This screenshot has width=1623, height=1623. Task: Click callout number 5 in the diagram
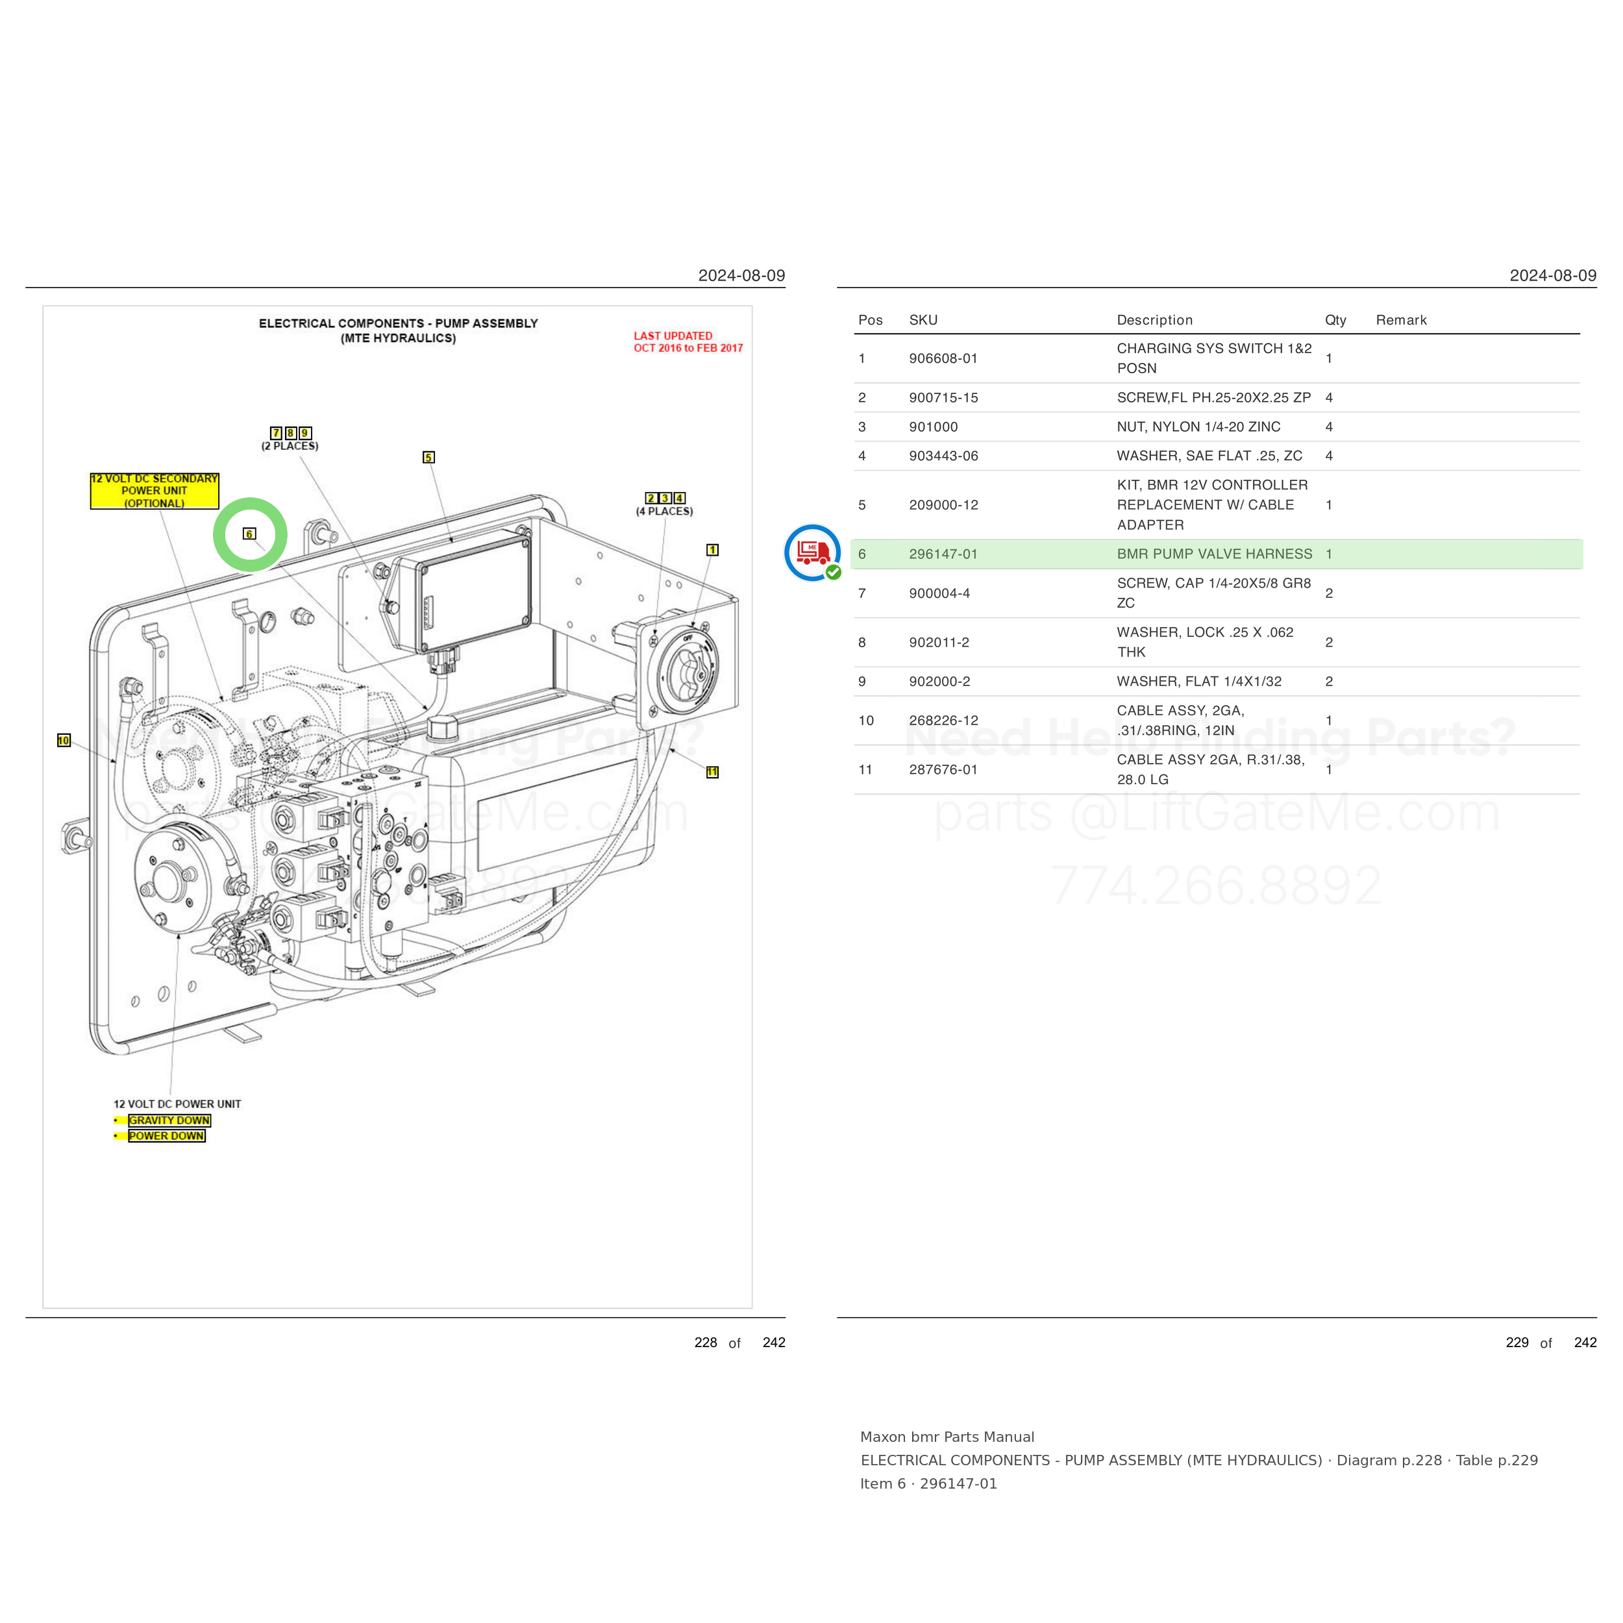[428, 457]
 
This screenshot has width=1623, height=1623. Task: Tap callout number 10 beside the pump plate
[64, 740]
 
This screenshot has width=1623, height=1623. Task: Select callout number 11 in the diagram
[712, 772]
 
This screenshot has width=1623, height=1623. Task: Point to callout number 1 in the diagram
[712, 551]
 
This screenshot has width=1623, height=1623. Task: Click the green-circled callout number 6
[249, 534]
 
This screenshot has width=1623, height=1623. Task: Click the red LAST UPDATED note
[688, 342]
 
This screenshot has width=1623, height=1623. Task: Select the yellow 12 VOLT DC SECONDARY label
[155, 491]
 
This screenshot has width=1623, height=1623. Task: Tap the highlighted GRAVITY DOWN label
[169, 1121]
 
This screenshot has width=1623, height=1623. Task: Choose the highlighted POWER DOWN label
[166, 1135]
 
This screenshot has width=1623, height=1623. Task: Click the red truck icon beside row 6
[812, 552]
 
